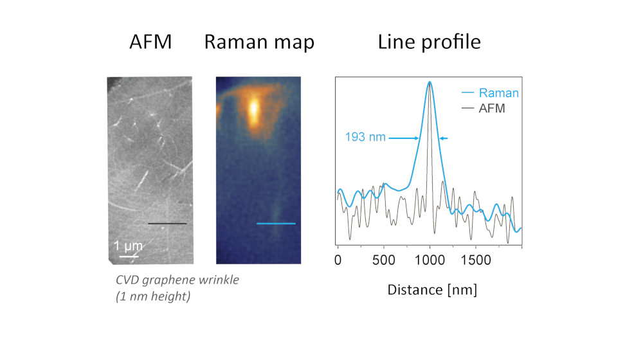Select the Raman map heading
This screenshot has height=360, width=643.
tap(259, 42)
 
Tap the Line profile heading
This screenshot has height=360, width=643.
tap(429, 42)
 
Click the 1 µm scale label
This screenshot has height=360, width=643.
tap(128, 246)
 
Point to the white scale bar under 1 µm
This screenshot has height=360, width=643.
tap(129, 256)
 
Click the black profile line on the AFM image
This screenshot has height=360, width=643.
tap(167, 224)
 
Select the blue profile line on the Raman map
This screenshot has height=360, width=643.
tap(276, 224)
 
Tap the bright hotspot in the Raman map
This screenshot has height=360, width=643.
tap(253, 111)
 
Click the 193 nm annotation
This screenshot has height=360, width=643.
tap(365, 138)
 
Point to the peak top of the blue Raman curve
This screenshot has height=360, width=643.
tap(429, 82)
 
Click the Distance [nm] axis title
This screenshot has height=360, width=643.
tap(431, 289)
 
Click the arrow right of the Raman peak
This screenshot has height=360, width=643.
tap(444, 138)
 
